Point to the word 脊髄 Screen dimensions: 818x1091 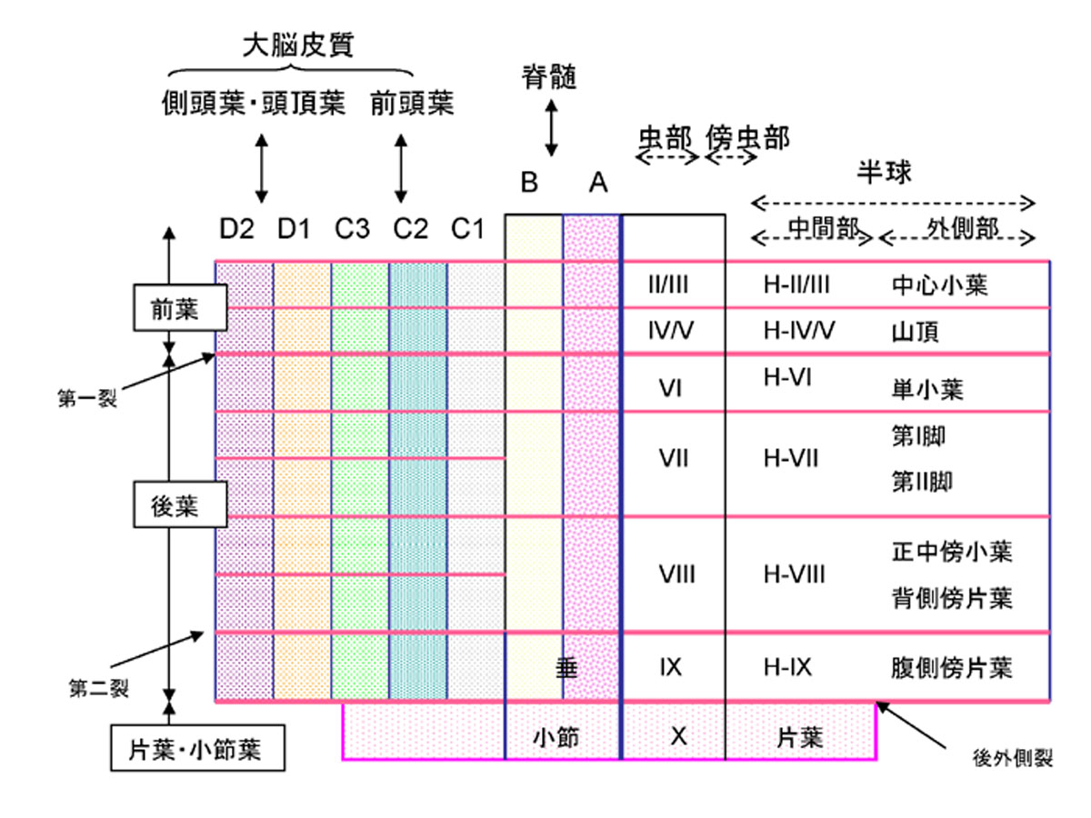point(549,77)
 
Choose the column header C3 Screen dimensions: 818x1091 point(352,230)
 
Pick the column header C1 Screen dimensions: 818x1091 point(468,230)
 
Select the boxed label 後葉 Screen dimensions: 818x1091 point(175,505)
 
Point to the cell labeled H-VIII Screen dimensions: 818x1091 point(795,574)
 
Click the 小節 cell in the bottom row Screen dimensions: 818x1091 point(556,738)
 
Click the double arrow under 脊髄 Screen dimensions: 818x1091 point(550,128)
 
